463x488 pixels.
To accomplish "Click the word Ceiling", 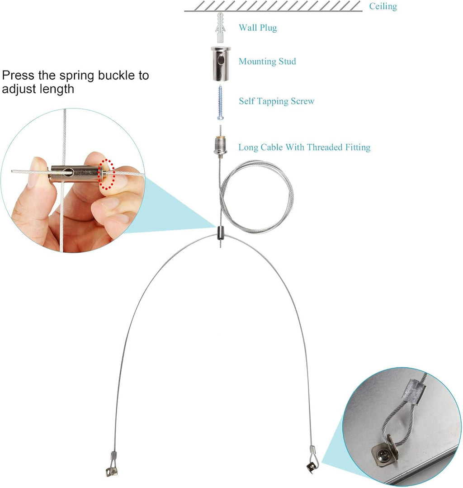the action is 383,6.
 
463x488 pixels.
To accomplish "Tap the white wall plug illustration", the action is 220,28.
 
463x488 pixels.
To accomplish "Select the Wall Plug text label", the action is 258,28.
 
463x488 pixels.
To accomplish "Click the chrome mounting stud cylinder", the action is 221,63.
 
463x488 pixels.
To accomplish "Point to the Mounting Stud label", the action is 267,62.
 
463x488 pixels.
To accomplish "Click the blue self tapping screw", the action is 220,102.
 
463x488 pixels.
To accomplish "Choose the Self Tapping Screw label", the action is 277,101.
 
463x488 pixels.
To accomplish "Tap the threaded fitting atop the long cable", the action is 220,146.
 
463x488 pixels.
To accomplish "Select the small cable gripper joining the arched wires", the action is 220,233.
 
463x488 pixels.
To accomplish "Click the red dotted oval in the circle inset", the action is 106,174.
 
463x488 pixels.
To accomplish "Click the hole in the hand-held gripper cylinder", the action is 68,172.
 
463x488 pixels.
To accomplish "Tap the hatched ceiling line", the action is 273,6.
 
